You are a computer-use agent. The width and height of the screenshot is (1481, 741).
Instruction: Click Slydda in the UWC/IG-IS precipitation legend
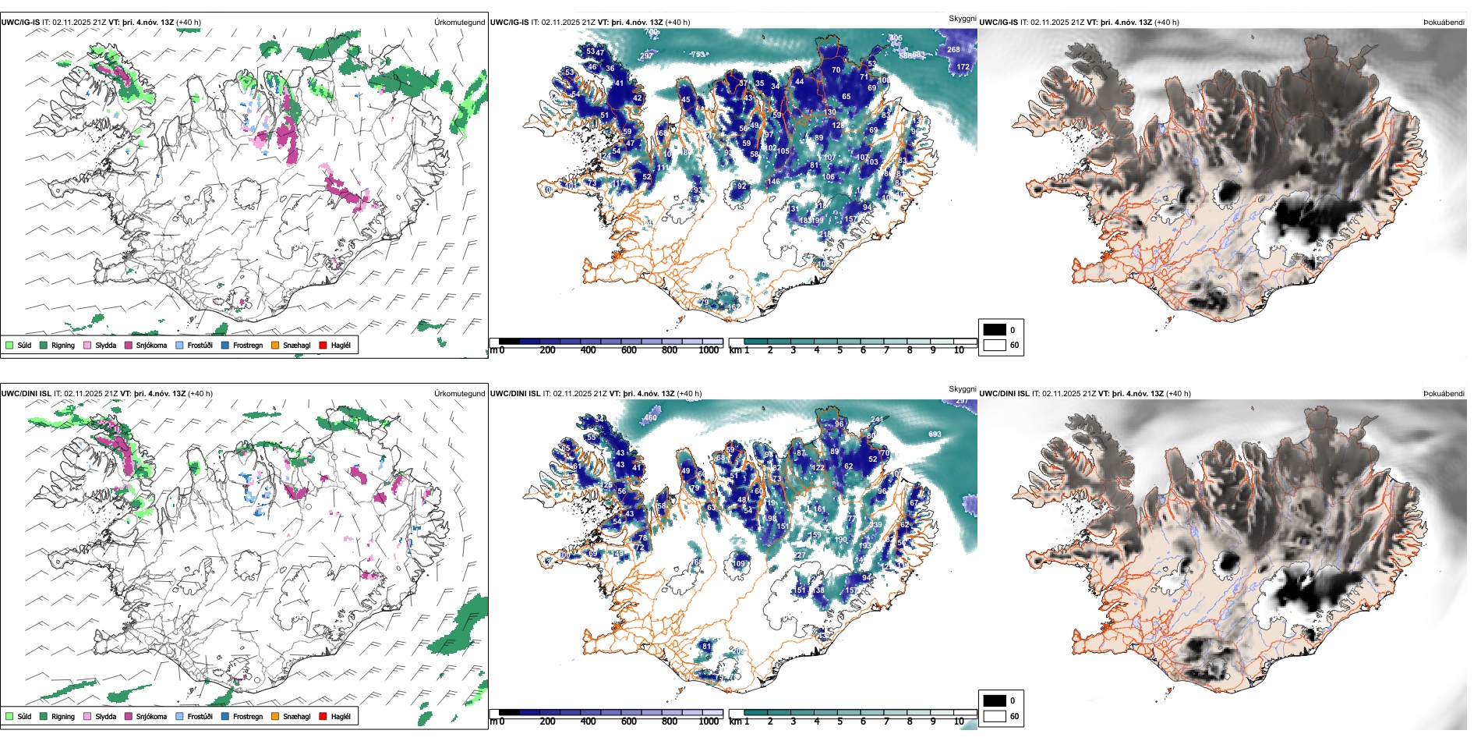105,345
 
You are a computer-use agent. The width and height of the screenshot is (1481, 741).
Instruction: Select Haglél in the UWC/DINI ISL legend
341,716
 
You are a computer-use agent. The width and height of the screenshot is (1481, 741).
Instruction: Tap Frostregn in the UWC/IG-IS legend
247,345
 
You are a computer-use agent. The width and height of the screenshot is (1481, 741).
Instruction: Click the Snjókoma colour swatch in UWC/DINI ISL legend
129,716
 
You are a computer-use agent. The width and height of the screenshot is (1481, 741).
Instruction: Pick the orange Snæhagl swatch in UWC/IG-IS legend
275,345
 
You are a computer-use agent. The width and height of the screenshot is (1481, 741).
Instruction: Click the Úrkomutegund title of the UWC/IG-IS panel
459,22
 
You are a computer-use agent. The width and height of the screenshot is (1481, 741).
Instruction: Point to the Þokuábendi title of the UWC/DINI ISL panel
1444,393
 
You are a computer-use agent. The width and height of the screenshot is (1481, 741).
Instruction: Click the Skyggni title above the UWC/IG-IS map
962,18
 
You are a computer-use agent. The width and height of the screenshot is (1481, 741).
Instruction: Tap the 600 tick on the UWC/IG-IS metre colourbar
628,350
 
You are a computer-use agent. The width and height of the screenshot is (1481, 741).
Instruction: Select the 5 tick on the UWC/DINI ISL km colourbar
839,721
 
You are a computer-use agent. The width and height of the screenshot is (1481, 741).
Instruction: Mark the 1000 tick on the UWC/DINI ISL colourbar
709,721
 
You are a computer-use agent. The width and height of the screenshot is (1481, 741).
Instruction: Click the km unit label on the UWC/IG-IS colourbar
735,350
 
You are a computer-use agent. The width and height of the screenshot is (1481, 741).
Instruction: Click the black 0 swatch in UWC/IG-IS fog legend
995,330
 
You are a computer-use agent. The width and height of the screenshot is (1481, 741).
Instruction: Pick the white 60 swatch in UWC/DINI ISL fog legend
995,716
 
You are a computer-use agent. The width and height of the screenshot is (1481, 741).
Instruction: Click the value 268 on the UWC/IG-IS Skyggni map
953,49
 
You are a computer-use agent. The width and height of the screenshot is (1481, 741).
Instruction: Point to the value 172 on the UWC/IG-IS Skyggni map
963,67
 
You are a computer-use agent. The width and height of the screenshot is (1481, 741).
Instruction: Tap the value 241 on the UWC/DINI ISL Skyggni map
877,420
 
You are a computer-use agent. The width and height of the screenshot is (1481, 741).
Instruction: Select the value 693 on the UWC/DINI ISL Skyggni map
935,434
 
